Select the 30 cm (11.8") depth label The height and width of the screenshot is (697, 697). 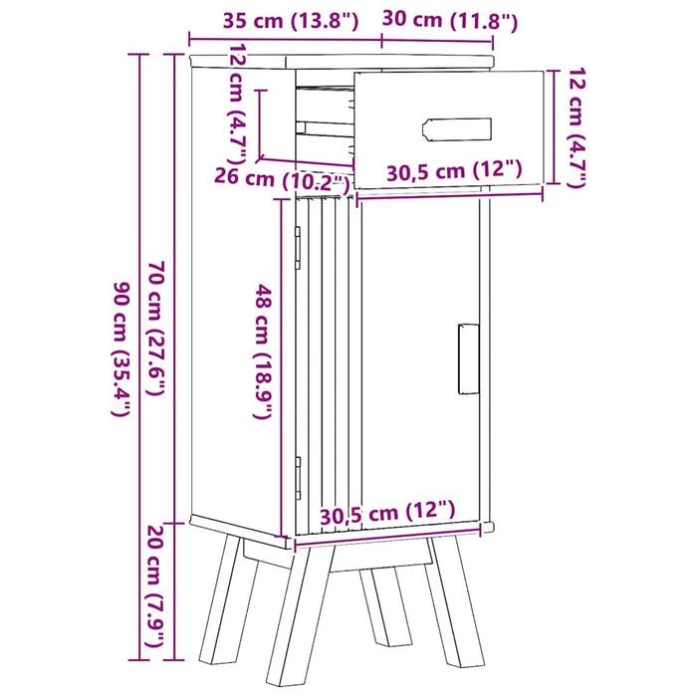[438, 20]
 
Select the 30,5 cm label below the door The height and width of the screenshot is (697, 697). [387, 513]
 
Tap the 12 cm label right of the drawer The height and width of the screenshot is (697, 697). [575, 126]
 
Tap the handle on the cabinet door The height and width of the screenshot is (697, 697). [466, 359]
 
